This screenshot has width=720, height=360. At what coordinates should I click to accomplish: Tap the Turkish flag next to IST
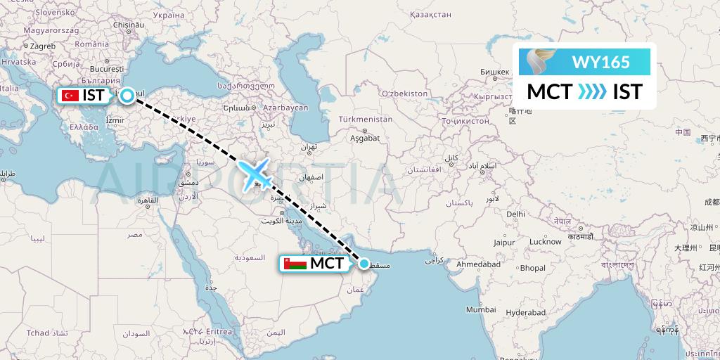[x=70, y=96]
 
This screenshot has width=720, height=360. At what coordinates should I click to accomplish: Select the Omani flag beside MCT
[x=297, y=264]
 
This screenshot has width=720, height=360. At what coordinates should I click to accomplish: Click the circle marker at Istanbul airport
[x=127, y=96]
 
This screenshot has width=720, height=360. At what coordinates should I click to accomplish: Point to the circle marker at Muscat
[x=364, y=264]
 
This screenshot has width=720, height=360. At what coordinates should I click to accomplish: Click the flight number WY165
[x=601, y=62]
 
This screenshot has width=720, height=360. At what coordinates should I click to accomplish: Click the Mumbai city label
[x=481, y=309]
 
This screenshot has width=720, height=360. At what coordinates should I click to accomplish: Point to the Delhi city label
[x=515, y=214]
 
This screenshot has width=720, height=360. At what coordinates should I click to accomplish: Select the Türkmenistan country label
[x=364, y=120]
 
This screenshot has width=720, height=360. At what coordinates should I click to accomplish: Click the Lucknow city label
[x=545, y=242]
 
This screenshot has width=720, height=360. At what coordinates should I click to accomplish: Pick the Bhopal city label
[x=532, y=269]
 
